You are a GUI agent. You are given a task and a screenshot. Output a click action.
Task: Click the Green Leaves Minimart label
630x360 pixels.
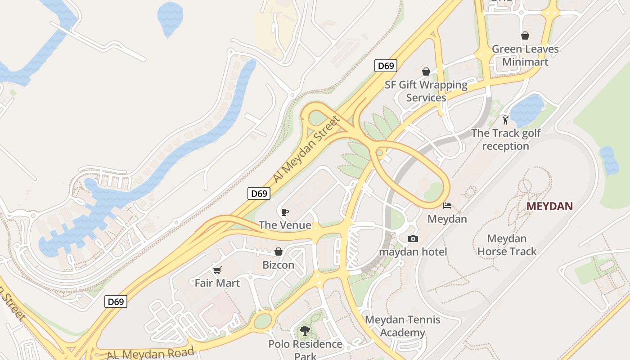[x=525, y=55]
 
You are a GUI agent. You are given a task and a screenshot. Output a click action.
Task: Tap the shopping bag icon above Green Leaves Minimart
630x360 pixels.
[x=525, y=36]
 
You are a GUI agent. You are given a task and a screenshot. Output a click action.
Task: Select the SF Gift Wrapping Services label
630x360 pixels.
[x=426, y=91]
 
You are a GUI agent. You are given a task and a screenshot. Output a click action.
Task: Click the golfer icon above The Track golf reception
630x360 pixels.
[x=505, y=120]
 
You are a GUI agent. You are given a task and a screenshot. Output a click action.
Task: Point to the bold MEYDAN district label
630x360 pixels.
[x=549, y=207]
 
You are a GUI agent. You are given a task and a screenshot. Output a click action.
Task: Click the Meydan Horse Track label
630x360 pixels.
[x=507, y=245]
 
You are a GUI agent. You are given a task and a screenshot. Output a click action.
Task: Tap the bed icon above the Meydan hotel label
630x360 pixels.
[x=447, y=206]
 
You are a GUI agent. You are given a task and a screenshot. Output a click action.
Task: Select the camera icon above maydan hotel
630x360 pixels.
[x=413, y=238]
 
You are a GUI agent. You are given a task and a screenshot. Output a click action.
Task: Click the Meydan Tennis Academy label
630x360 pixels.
[x=402, y=326]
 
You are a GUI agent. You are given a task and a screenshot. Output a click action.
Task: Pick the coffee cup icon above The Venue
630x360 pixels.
[x=284, y=212]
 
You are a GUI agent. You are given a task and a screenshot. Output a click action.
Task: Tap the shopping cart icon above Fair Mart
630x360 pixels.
[x=217, y=270]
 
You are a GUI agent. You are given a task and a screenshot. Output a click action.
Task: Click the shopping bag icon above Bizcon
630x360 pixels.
[x=279, y=252]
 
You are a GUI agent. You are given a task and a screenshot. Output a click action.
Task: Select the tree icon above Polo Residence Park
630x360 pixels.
[x=305, y=331]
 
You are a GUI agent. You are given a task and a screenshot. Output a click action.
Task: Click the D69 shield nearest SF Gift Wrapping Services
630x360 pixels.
[x=386, y=66]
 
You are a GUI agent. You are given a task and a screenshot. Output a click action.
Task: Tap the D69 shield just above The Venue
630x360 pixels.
[x=259, y=193]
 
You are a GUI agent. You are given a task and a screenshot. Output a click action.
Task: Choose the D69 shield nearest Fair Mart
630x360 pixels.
[x=116, y=301]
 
